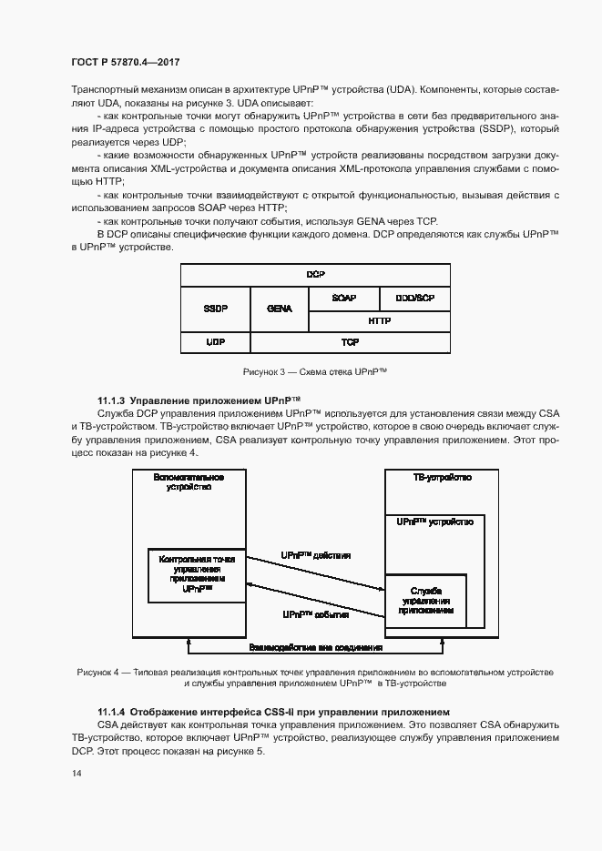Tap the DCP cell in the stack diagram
315,274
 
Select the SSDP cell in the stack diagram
215,309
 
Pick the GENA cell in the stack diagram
280,309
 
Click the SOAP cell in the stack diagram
343,298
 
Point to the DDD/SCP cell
413,298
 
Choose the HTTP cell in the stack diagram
379,320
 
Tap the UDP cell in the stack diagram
215,342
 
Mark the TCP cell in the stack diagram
350,342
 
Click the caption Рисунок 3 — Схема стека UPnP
315,372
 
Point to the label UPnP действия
315,554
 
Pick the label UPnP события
315,615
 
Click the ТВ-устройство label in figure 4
442,476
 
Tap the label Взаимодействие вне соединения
315,647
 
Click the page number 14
76,773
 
